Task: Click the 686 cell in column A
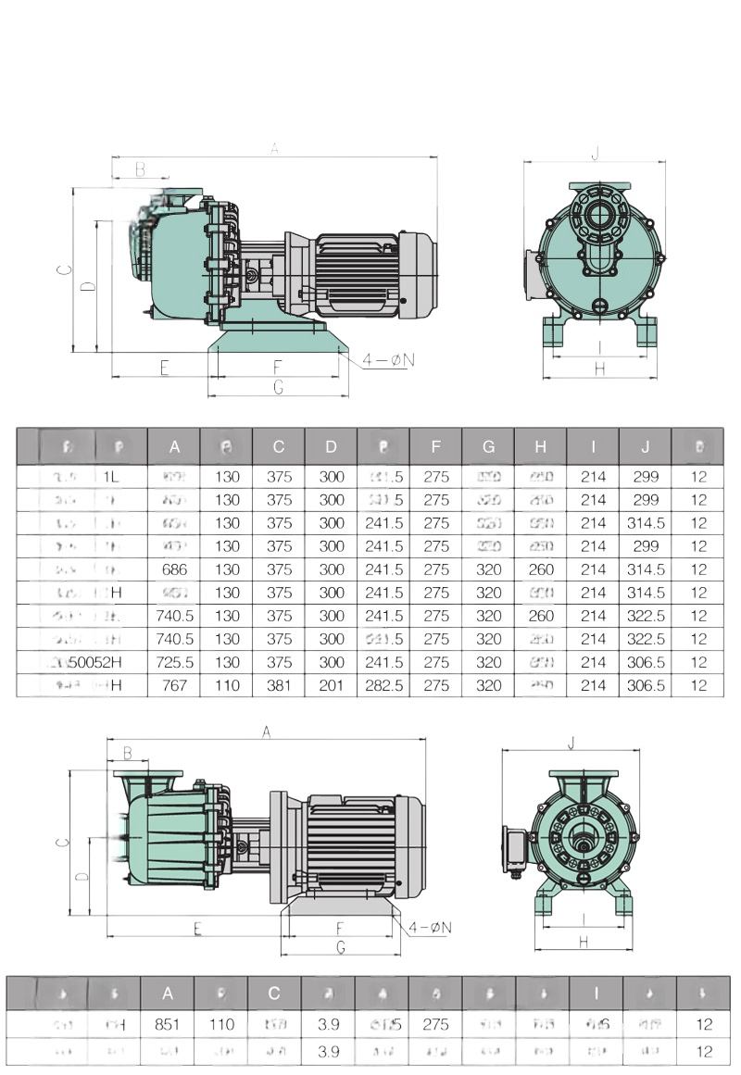coord(174,569)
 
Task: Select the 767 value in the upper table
coord(174,685)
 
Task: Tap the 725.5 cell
coord(174,662)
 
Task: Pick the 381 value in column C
coord(279,685)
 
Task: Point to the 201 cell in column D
coord(331,685)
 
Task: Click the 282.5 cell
coord(383,685)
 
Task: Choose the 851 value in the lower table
coord(168,1025)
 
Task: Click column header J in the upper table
coord(645,447)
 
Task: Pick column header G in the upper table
coord(488,447)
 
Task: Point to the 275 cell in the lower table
coord(435,1025)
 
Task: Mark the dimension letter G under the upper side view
coord(278,388)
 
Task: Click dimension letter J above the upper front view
coord(596,153)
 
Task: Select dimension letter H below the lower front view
coord(584,942)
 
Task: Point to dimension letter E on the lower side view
coord(197,929)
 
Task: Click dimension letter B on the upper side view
coord(140,169)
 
